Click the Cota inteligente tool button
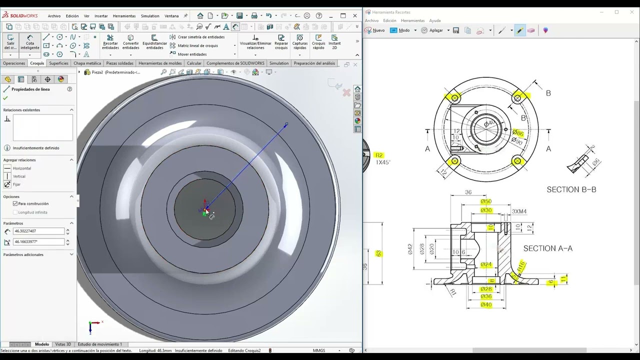[x=30, y=42]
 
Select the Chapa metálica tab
[x=87, y=63]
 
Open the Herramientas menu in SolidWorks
[x=124, y=16]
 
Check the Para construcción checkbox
[x=15, y=203]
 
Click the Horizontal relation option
[x=21, y=168]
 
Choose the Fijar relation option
[x=16, y=184]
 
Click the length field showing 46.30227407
[x=39, y=231]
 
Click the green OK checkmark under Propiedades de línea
[x=5, y=98]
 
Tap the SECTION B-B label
[x=571, y=189]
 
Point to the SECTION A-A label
[x=547, y=248]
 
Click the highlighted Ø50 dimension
[x=486, y=201]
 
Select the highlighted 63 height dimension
[x=378, y=254]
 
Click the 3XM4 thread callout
[x=519, y=211]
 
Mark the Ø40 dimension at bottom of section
[x=486, y=304]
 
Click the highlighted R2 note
[x=379, y=155]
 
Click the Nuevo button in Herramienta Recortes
[x=375, y=30]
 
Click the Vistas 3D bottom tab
[x=63, y=344]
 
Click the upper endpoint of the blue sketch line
[x=286, y=124]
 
